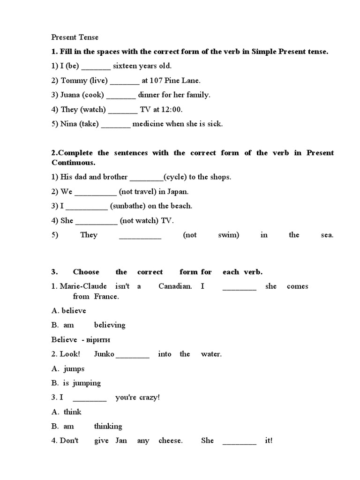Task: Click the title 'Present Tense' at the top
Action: tap(75, 37)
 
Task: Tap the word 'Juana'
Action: tap(70, 95)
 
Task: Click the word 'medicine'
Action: tap(149, 124)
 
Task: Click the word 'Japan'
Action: tap(178, 192)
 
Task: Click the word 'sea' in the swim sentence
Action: tap(327, 235)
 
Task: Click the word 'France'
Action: tap(106, 297)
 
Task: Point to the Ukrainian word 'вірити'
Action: tap(98, 340)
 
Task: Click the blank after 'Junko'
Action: tap(132, 355)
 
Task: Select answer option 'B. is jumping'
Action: tap(76, 383)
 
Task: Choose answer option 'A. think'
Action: tap(67, 412)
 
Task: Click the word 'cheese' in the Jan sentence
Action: tap(170, 441)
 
